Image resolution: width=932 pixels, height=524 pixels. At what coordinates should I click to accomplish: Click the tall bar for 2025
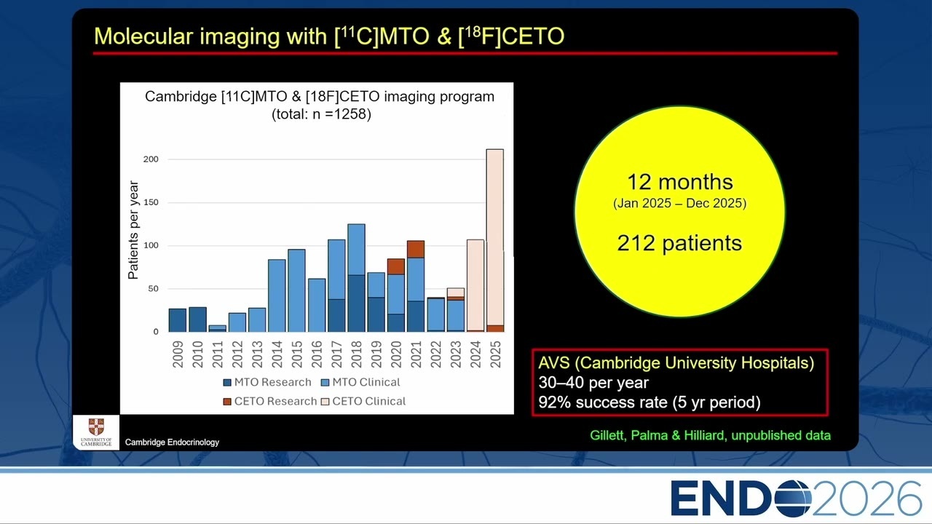[x=494, y=240]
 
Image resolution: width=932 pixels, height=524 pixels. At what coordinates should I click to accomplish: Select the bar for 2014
[x=277, y=295]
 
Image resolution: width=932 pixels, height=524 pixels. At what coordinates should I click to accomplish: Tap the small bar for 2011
[x=218, y=328]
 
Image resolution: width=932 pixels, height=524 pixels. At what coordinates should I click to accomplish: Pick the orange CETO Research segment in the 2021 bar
[x=416, y=249]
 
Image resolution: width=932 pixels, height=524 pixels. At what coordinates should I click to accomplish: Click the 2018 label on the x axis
[x=356, y=354]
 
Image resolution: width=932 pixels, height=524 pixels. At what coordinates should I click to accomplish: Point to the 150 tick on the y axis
[x=151, y=202]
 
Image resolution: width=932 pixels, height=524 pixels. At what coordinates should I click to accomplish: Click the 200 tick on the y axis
[x=151, y=159]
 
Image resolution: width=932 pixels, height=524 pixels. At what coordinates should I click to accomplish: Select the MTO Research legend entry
[x=267, y=382]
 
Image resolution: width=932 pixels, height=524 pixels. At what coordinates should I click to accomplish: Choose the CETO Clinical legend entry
[x=363, y=401]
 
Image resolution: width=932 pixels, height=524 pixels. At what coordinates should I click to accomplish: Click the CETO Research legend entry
[x=270, y=401]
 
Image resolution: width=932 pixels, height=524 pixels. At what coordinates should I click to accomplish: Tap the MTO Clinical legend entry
[x=360, y=382]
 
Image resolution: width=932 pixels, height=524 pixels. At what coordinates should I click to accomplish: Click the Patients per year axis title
[x=133, y=230]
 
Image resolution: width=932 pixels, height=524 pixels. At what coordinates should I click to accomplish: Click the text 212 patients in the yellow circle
[x=679, y=243]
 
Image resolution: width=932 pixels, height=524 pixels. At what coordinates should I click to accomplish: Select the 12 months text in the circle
[x=680, y=182]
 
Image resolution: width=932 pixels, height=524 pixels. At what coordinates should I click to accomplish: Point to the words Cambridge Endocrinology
[x=172, y=442]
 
